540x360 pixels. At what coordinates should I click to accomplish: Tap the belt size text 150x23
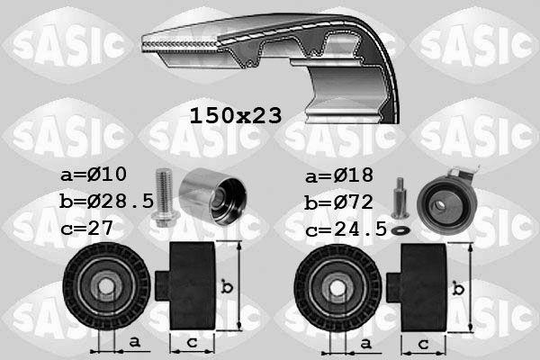[x=235, y=115]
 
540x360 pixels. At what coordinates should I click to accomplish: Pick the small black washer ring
[x=402, y=229]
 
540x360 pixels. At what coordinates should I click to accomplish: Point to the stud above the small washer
[x=400, y=197]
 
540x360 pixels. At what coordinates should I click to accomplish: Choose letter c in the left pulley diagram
[x=192, y=342]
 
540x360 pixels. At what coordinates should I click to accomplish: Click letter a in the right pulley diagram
[x=364, y=342]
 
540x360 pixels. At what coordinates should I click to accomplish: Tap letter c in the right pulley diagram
[x=423, y=342]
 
